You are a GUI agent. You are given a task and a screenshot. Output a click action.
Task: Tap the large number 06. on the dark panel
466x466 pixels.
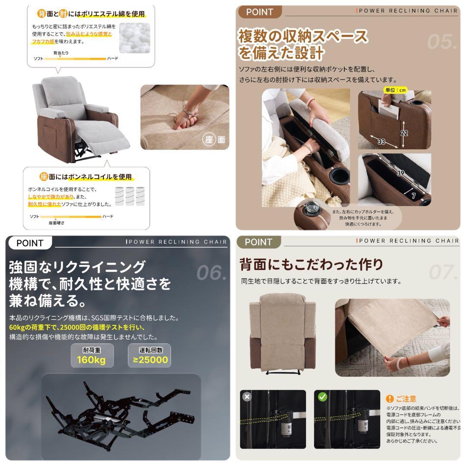[x=211, y=272]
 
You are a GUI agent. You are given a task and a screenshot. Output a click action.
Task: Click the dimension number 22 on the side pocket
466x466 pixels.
[x=404, y=133]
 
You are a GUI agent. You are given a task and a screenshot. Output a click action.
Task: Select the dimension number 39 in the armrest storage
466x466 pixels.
[x=400, y=173]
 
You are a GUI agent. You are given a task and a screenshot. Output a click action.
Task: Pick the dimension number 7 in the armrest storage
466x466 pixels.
[x=413, y=196]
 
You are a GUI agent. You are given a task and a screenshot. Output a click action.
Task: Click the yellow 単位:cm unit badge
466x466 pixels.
[x=395, y=90]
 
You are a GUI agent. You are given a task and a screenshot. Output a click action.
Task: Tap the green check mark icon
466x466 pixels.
[x=322, y=397]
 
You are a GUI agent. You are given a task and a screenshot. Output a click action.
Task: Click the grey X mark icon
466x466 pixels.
[x=247, y=397]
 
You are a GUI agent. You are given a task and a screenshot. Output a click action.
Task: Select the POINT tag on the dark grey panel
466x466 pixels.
[x=29, y=243]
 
